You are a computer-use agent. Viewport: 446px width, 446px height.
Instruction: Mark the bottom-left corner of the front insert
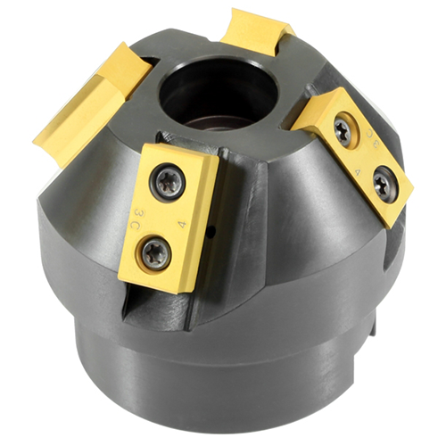121,284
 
